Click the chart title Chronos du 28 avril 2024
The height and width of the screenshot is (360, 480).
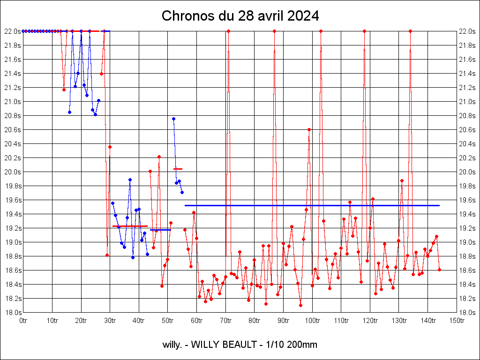pos(240,16)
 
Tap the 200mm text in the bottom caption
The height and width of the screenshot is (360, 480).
pos(303,345)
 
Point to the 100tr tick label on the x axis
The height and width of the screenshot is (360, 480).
pos(312,321)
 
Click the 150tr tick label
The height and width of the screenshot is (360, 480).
pos(457,321)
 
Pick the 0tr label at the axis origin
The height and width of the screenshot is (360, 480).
pos(23,321)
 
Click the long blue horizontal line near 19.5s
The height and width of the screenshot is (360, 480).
pos(312,205)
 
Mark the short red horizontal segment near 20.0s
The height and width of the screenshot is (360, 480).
pos(178,169)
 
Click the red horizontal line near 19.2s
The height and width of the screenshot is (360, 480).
pos(130,226)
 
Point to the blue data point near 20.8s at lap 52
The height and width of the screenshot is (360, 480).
pos(173,119)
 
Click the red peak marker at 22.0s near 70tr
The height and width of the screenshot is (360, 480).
pos(228,31)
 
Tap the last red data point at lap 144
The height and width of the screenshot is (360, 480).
pos(439,270)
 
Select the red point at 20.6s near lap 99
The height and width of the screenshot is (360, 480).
pos(309,129)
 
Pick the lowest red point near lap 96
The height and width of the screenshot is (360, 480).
pos(300,305)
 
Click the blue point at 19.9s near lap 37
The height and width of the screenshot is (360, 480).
pos(130,180)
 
